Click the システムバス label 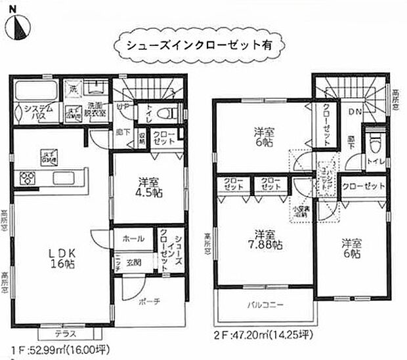pyautogui.click(x=35, y=112)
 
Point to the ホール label pyautogui.click(x=129, y=239)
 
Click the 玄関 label pyautogui.click(x=134, y=262)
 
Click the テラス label pyautogui.click(x=65, y=334)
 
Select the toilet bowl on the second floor pyautogui.click(x=375, y=140)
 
